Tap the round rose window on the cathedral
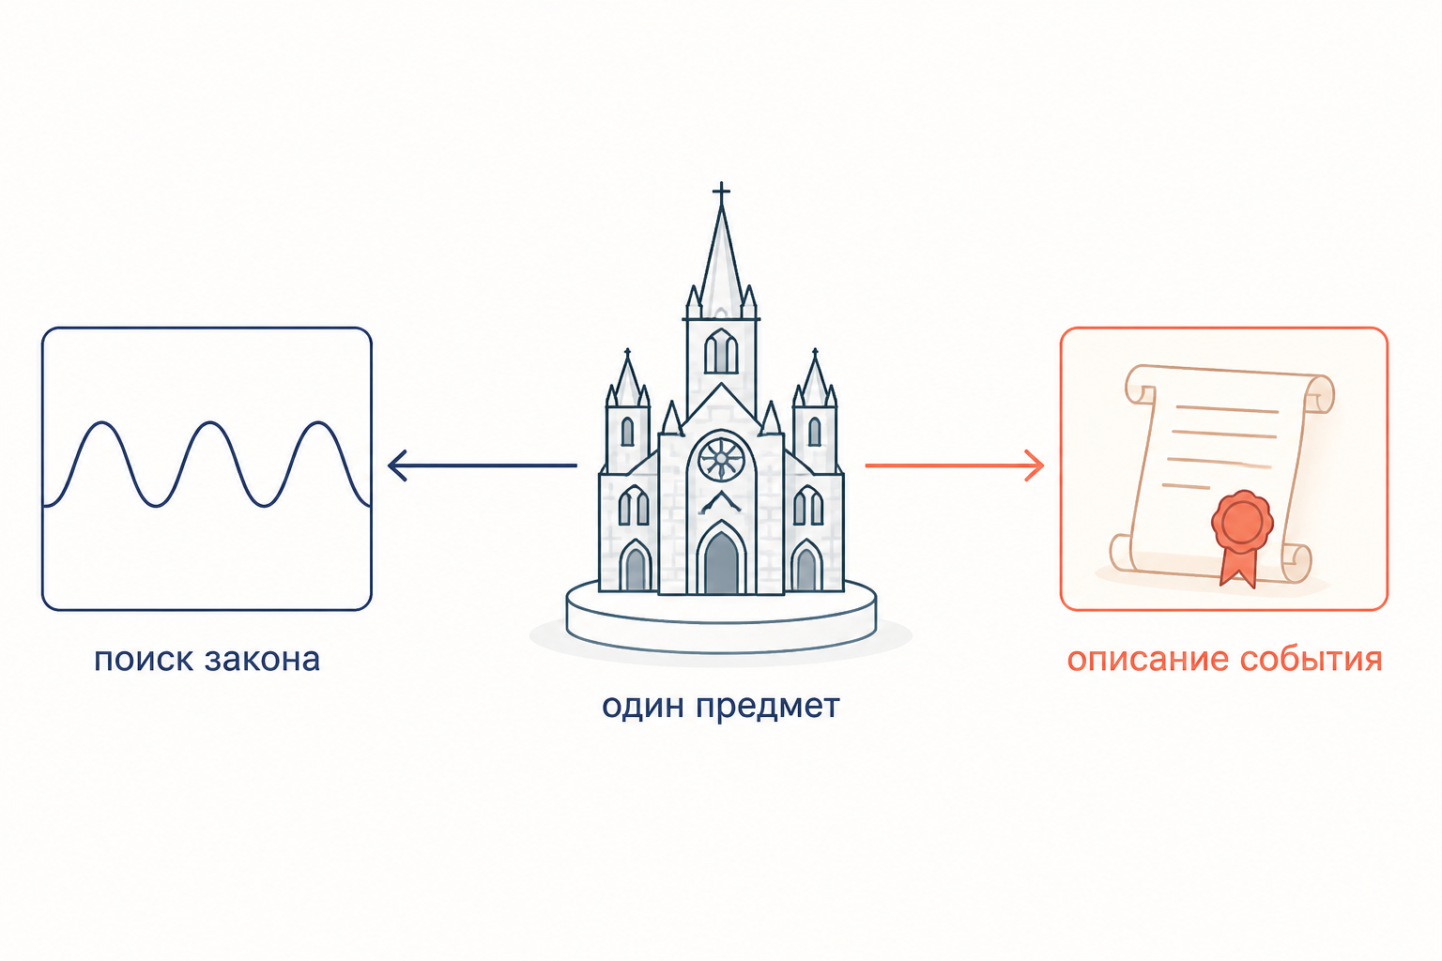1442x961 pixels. tap(721, 458)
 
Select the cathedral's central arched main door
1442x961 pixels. tap(721, 561)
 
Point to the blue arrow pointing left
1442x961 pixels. tap(483, 465)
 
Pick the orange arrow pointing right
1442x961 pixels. tap(954, 465)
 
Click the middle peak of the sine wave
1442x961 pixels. tap(210, 423)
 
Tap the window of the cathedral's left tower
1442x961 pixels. tap(627, 432)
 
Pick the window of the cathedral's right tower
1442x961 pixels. tap(814, 432)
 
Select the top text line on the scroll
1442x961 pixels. tap(1227, 409)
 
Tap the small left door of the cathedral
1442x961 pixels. tap(636, 569)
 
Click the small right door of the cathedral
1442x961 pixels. tap(806, 569)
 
